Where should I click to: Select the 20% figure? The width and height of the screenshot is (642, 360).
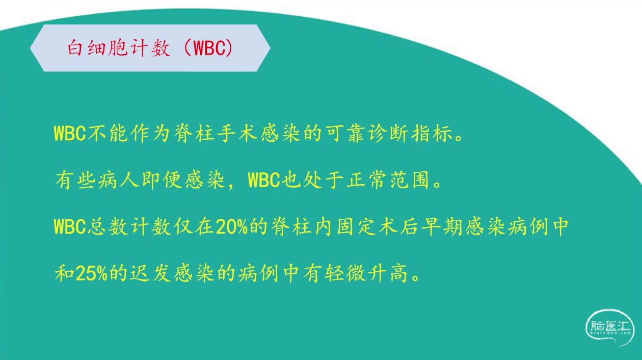[x=231, y=227]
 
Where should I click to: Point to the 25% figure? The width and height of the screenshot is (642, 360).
[x=92, y=273]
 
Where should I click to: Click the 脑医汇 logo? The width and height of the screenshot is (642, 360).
[x=609, y=327]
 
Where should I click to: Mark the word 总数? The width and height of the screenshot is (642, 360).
[x=108, y=227]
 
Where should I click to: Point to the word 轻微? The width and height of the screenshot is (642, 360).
[x=345, y=273]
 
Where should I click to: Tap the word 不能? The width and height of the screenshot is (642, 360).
[x=108, y=134]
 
